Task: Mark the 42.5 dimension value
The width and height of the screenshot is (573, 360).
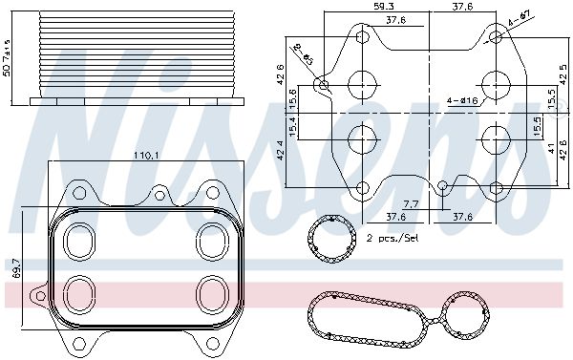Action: click(562, 72)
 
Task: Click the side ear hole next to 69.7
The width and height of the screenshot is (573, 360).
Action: click(39, 299)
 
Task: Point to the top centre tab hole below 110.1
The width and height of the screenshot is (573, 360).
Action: click(159, 195)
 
